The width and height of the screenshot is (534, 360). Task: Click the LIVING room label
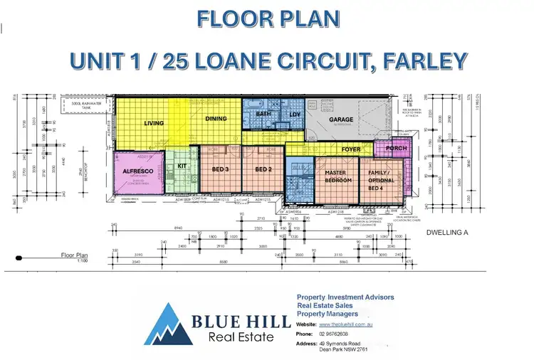coord(155,123)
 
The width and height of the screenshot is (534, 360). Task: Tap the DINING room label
coord(216,119)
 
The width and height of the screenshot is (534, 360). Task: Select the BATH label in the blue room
coord(263,114)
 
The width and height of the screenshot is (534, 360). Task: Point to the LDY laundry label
coord(295,115)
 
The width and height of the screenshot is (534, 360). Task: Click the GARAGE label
coord(341,120)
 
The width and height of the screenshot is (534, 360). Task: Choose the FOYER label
coord(351,149)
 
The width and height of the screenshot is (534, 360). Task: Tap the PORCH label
coord(395,149)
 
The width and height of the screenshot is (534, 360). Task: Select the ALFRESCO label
coord(135,171)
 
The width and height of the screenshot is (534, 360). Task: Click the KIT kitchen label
coord(181,166)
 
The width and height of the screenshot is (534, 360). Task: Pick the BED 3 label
coord(220,169)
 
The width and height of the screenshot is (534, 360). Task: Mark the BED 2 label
coord(263,169)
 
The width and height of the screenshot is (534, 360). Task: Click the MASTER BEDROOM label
coord(338,176)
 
